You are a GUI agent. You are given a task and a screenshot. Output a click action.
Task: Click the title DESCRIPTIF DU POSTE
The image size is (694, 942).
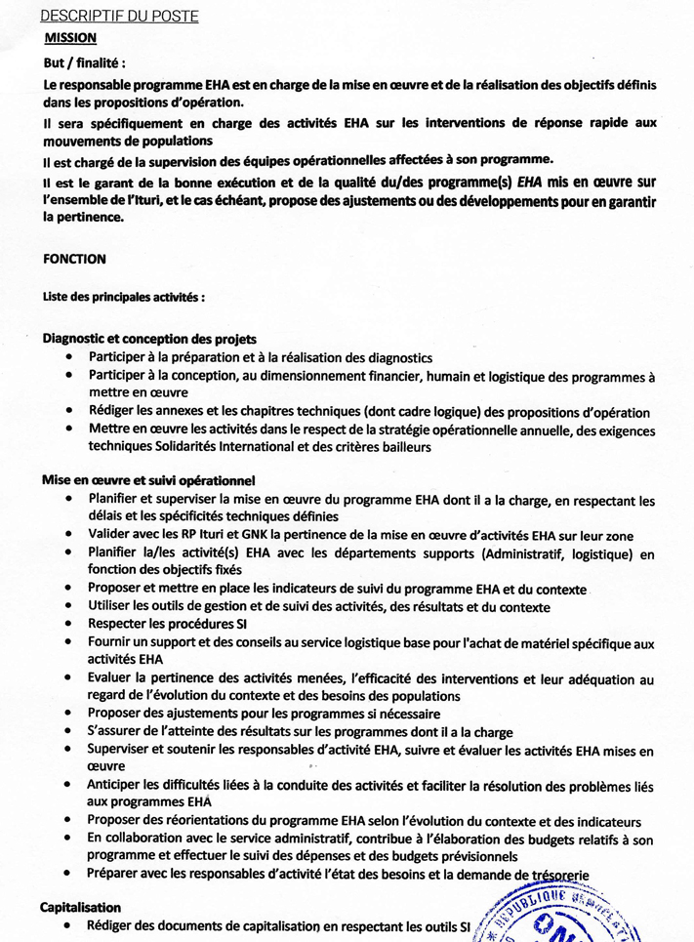click(x=120, y=17)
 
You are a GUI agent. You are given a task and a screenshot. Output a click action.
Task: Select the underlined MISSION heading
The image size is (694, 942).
click(x=71, y=38)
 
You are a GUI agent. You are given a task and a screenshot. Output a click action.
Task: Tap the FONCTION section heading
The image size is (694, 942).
click(x=75, y=260)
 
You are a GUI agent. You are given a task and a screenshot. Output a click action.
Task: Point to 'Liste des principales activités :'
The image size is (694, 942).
click(x=124, y=297)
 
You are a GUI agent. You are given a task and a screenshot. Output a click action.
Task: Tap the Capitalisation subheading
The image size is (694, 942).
click(x=80, y=907)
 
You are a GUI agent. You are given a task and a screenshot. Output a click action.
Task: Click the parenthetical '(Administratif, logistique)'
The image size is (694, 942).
click(x=528, y=554)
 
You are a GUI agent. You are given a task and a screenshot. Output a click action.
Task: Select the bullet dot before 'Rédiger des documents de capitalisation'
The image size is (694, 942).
click(x=67, y=924)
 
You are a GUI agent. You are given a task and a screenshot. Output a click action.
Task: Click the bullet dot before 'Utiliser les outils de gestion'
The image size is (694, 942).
click(x=67, y=606)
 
